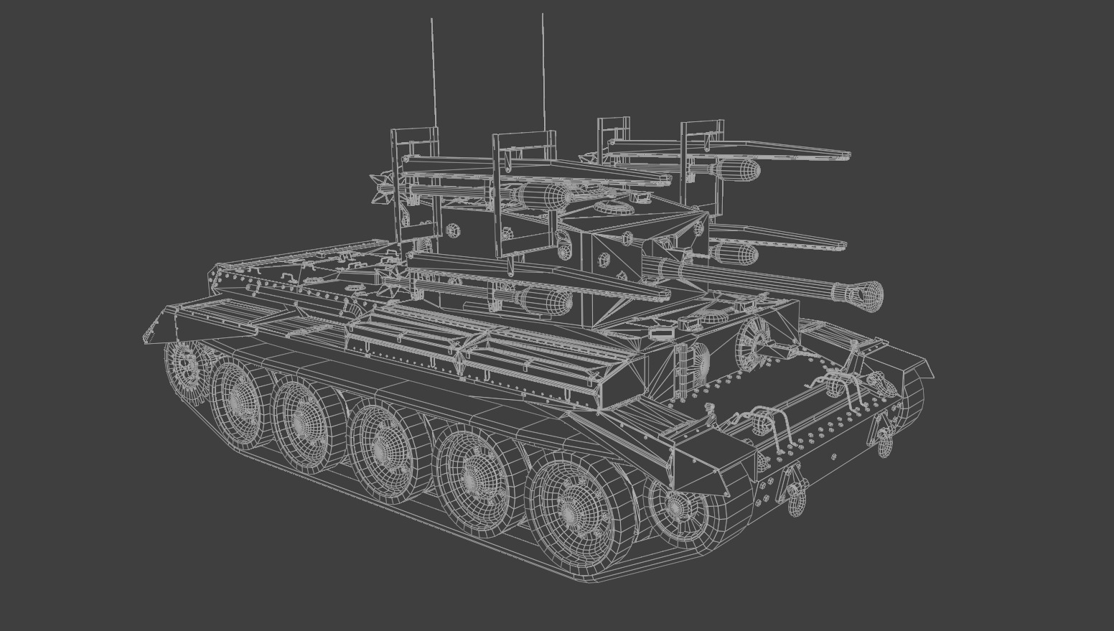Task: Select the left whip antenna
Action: tap(434, 72)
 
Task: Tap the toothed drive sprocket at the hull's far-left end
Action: tap(184, 364)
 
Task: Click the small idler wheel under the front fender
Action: tap(675, 506)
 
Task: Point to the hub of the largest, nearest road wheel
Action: tap(571, 509)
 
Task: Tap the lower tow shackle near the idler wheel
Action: tap(794, 495)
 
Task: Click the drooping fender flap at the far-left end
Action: tap(162, 327)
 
